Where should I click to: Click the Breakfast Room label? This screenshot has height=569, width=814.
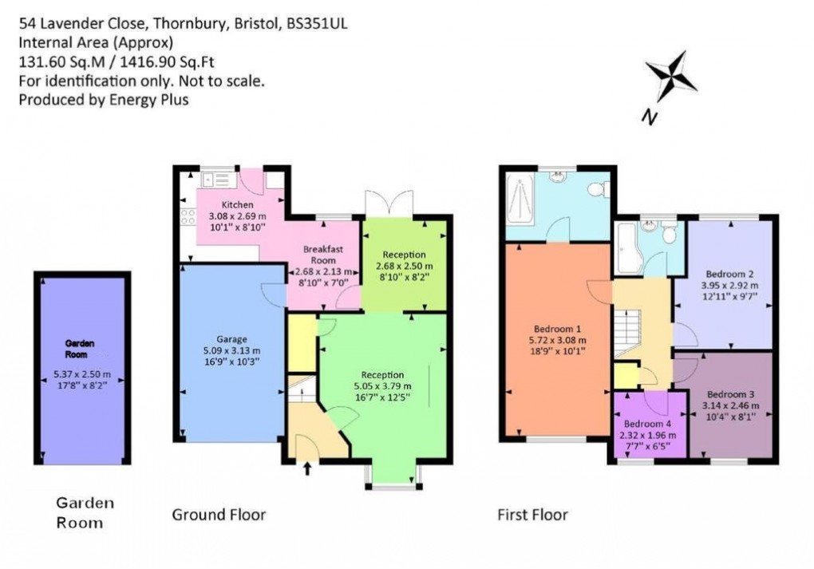[323, 254]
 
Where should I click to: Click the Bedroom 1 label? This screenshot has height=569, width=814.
[556, 327]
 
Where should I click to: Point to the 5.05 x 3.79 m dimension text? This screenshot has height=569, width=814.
[382, 387]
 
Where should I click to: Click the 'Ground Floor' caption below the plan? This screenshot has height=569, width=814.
[219, 515]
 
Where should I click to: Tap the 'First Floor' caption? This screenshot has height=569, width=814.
[532, 515]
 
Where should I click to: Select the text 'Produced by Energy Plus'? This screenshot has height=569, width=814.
[104, 99]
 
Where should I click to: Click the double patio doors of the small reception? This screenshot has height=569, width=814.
[389, 203]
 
